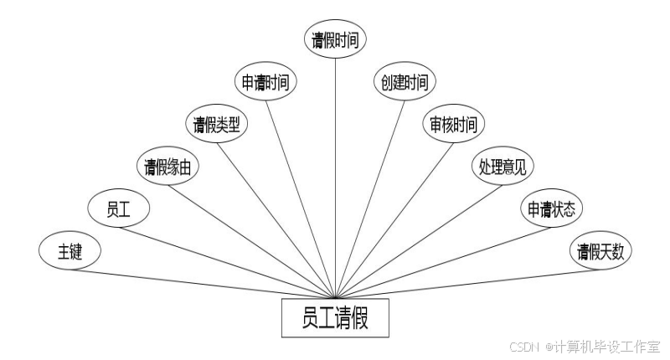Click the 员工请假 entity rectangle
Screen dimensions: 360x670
[x=335, y=319]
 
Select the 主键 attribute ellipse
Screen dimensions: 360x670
[x=70, y=251]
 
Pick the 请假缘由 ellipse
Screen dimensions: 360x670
[x=167, y=167]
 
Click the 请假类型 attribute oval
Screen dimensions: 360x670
[x=216, y=125]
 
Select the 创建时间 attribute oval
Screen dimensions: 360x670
[x=405, y=82]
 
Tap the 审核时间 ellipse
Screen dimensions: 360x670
[x=453, y=125]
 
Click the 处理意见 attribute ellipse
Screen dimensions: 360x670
[x=502, y=167]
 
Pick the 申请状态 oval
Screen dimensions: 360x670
[x=550, y=208]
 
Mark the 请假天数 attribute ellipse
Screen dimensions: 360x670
[x=600, y=251]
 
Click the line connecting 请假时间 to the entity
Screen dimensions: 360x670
[x=335, y=167]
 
